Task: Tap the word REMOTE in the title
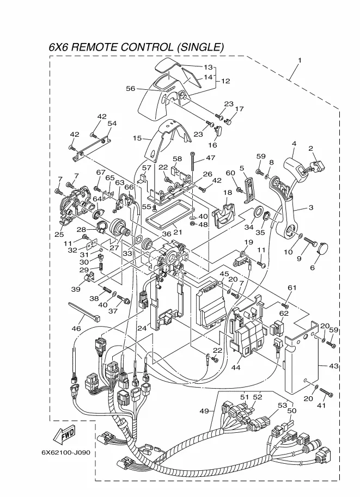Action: tap(102, 47)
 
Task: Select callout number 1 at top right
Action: tap(299, 60)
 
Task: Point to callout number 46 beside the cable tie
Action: tap(76, 329)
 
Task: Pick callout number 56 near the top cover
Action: tap(131, 89)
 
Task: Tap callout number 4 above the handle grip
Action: tap(294, 144)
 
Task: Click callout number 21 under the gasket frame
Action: tap(178, 232)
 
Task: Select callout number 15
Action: tap(137, 138)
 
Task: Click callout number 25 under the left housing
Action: tap(59, 234)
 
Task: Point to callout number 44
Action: tap(236, 367)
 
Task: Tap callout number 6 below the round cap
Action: tap(313, 267)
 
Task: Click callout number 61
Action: tap(292, 287)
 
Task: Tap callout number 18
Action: tap(228, 193)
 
